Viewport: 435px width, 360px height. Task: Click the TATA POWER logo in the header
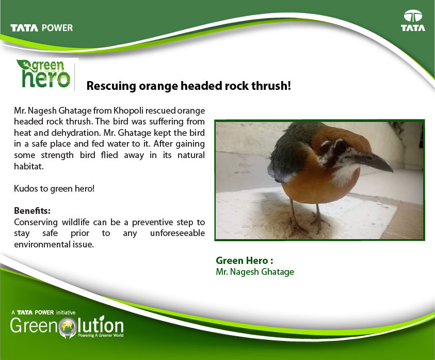(x=42, y=28)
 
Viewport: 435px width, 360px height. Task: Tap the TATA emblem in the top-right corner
(x=413, y=20)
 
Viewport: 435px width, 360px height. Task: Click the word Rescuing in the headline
(x=111, y=86)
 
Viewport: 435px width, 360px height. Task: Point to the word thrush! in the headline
(x=271, y=86)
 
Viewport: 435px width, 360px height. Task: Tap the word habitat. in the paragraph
(x=28, y=166)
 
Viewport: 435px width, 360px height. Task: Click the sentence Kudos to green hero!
(x=54, y=189)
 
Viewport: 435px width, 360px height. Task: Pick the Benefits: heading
(x=32, y=211)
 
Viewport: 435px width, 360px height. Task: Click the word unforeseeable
(x=178, y=233)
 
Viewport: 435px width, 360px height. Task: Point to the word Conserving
(x=36, y=222)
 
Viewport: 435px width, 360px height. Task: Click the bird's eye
(x=341, y=146)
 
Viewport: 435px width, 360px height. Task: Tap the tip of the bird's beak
(x=392, y=170)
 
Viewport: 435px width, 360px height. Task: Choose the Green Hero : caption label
(x=245, y=260)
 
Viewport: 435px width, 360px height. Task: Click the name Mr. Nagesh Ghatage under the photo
(x=255, y=272)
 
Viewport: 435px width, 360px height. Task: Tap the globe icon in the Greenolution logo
(x=68, y=327)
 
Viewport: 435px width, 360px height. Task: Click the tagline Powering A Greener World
(x=101, y=336)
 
